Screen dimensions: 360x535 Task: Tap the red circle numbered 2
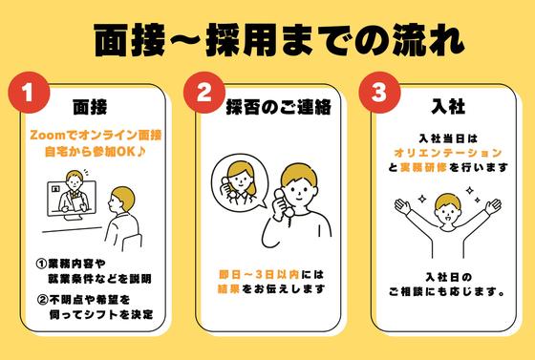pyautogui.click(x=203, y=95)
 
